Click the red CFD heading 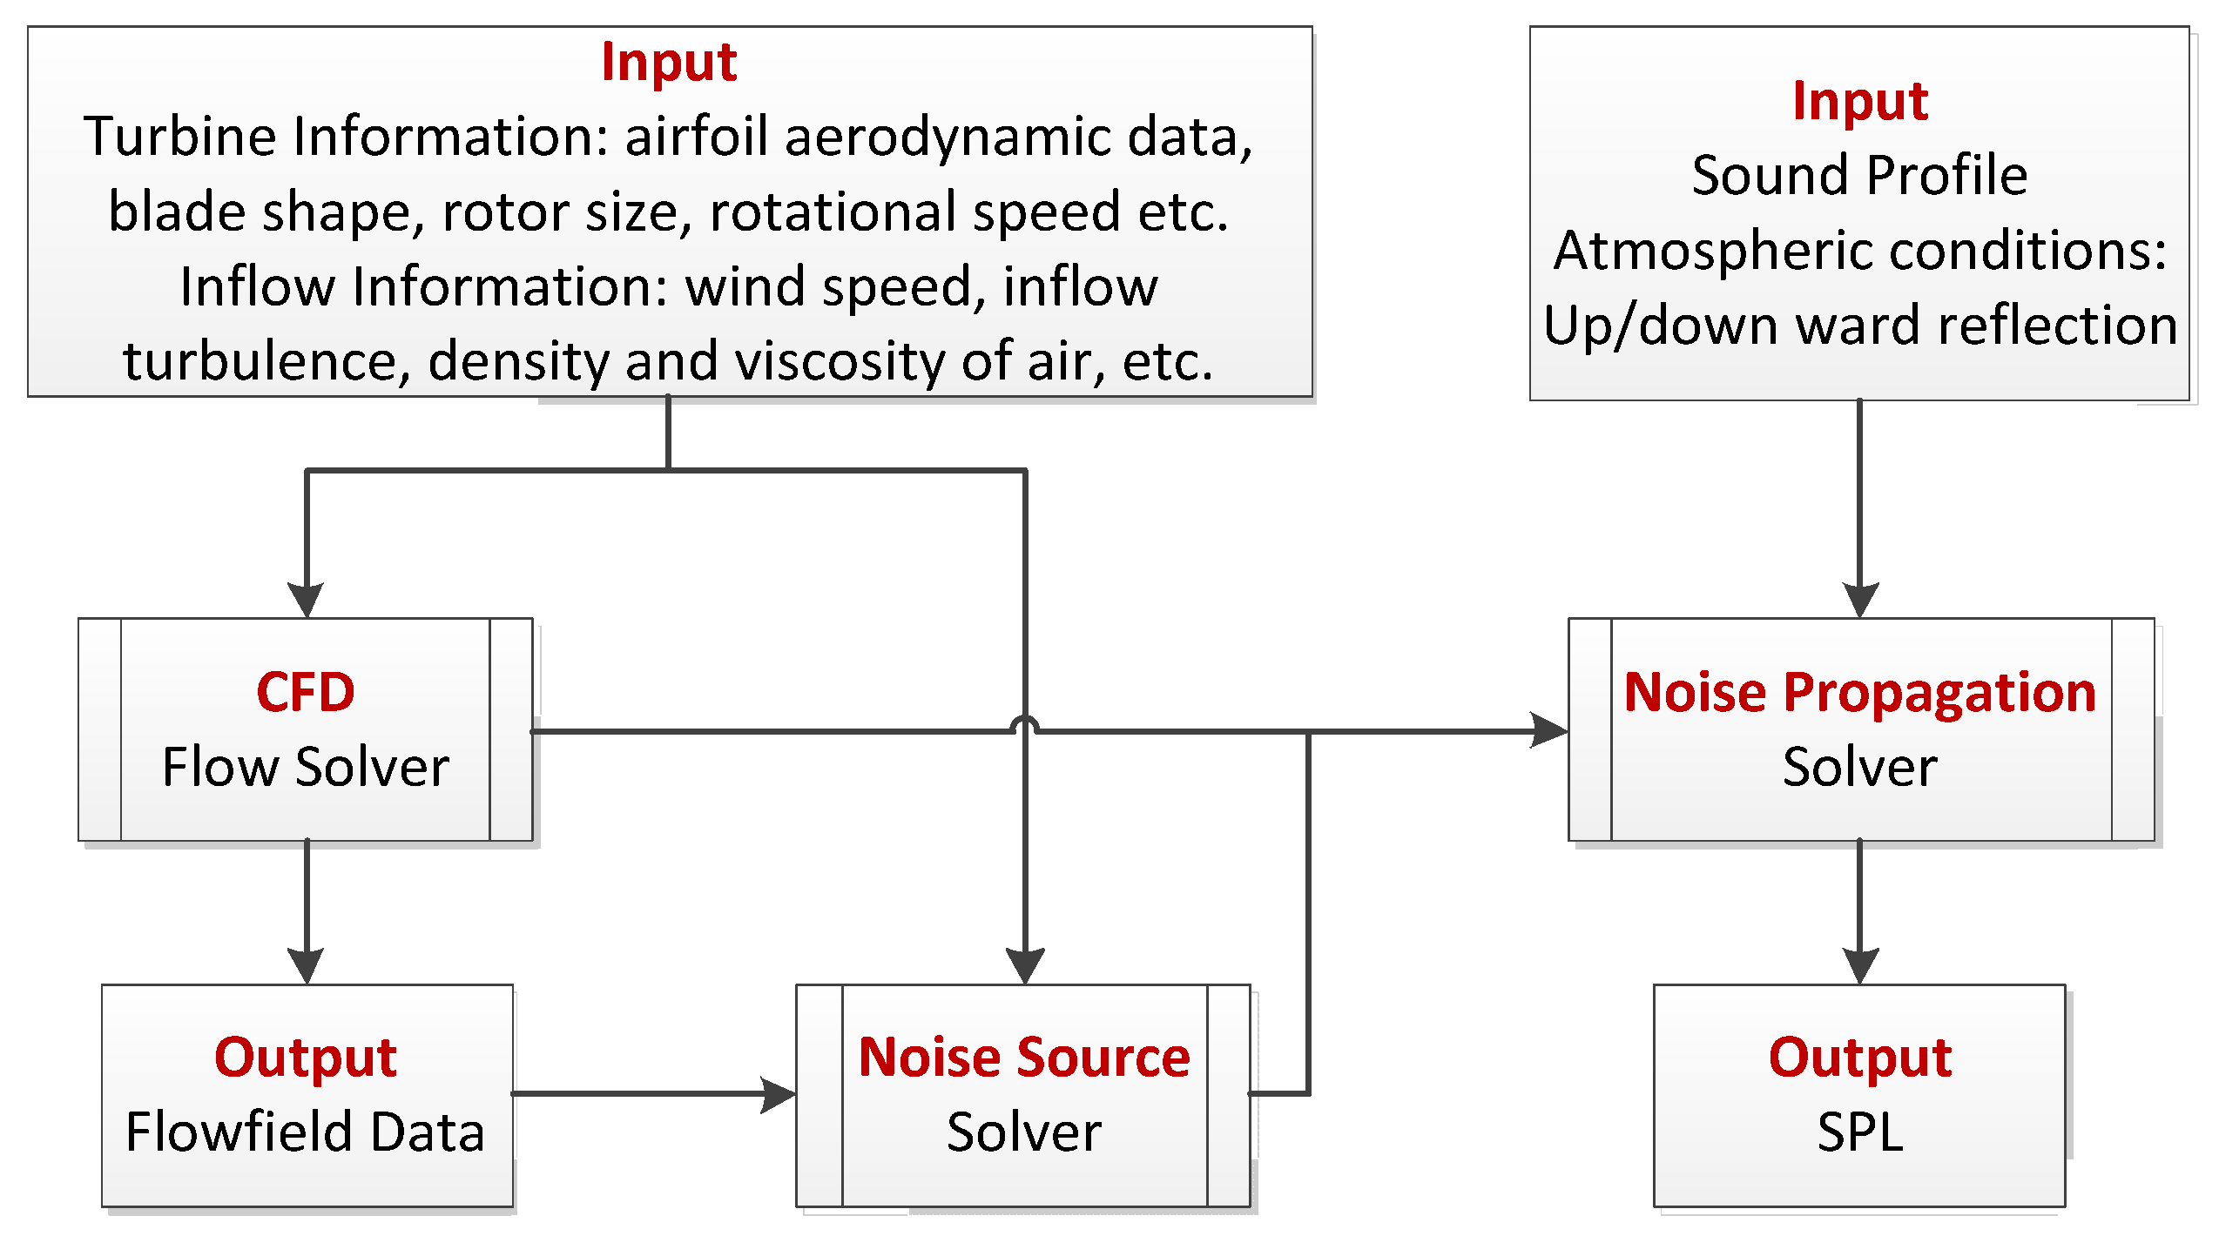[x=305, y=693]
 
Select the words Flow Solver [x=305, y=768]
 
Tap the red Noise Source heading [x=1023, y=1058]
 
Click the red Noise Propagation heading [x=1859, y=693]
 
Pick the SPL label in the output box [x=1859, y=1132]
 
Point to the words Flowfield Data [x=305, y=1132]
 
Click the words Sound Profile [x=1859, y=175]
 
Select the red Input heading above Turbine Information [x=669, y=62]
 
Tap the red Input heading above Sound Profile [x=1859, y=101]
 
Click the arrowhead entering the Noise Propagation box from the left [x=1550, y=730]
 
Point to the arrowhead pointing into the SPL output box [x=1859, y=966]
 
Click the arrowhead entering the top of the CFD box [x=306, y=600]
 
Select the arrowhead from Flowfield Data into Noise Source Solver [x=778, y=1094]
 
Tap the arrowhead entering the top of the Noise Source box [x=1025, y=966]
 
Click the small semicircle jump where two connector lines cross [x=1025, y=723]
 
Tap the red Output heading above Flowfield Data [x=305, y=1058]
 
